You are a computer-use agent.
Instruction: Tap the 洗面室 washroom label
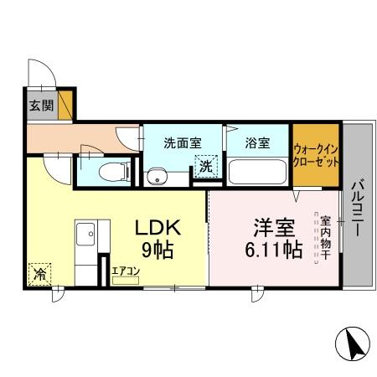point(179,142)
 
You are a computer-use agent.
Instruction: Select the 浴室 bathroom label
point(258,142)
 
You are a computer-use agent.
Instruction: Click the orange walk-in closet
point(317,156)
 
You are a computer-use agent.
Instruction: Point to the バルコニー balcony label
point(357,208)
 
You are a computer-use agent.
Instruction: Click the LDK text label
point(158,229)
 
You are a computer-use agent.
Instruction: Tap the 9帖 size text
point(158,250)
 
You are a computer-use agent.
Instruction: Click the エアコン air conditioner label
point(126,271)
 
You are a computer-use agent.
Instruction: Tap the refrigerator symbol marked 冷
point(39,273)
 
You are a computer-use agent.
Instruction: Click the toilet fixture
point(110,172)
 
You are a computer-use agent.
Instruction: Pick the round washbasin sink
point(154,177)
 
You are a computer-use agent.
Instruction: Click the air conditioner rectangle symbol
point(126,281)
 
